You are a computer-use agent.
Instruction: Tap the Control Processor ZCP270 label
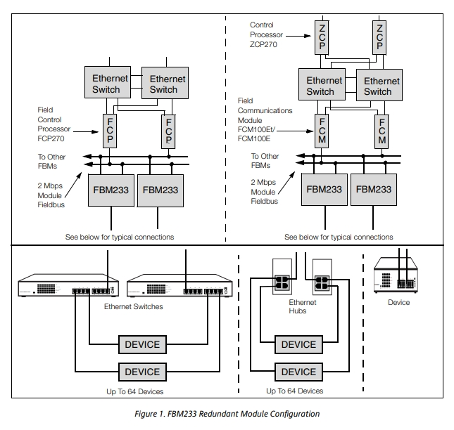coord(266,34)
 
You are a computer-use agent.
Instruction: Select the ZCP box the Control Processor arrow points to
coord(322,37)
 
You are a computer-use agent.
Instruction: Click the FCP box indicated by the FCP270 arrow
coord(110,131)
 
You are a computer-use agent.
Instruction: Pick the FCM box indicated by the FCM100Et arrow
coord(322,131)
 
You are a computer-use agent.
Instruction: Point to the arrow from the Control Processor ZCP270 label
coord(298,36)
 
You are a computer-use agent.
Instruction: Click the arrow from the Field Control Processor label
coord(86,132)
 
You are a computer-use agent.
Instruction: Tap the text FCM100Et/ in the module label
coord(256,129)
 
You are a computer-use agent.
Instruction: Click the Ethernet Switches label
coord(134,306)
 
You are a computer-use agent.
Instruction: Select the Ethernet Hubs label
coord(302,306)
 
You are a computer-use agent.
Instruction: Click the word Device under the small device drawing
coord(398,302)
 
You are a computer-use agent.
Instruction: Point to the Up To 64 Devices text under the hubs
coord(294,391)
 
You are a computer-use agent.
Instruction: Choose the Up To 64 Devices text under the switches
coord(135,391)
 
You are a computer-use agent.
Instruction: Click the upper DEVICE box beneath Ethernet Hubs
coord(298,344)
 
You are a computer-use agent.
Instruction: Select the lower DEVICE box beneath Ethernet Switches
coord(142,372)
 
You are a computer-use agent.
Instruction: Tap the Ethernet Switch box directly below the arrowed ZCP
coord(322,84)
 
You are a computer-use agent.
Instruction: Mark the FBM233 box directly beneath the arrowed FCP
coord(111,190)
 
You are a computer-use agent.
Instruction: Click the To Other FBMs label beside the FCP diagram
coord(51,162)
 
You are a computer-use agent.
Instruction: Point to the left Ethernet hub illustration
coord(282,277)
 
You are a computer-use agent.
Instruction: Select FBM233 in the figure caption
coord(182,414)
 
